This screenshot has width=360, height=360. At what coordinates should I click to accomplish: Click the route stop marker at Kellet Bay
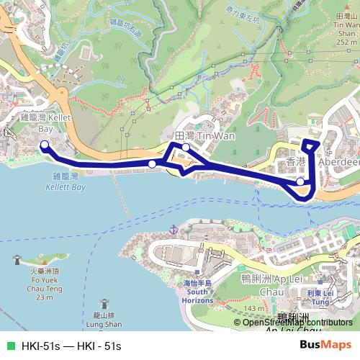45,145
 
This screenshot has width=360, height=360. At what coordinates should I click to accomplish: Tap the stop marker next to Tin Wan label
186,148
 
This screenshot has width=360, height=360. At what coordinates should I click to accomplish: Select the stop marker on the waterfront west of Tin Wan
152,164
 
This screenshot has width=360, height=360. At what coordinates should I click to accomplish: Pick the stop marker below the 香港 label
300,182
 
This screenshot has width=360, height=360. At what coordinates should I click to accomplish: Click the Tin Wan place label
195,135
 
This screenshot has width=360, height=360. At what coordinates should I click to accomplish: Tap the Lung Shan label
104,320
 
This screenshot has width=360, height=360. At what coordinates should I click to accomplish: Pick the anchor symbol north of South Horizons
172,228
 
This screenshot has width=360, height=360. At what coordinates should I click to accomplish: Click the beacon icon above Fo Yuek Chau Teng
15,258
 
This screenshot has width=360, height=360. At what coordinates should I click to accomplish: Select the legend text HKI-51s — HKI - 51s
71,346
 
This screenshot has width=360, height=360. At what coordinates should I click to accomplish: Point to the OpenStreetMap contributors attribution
297,323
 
